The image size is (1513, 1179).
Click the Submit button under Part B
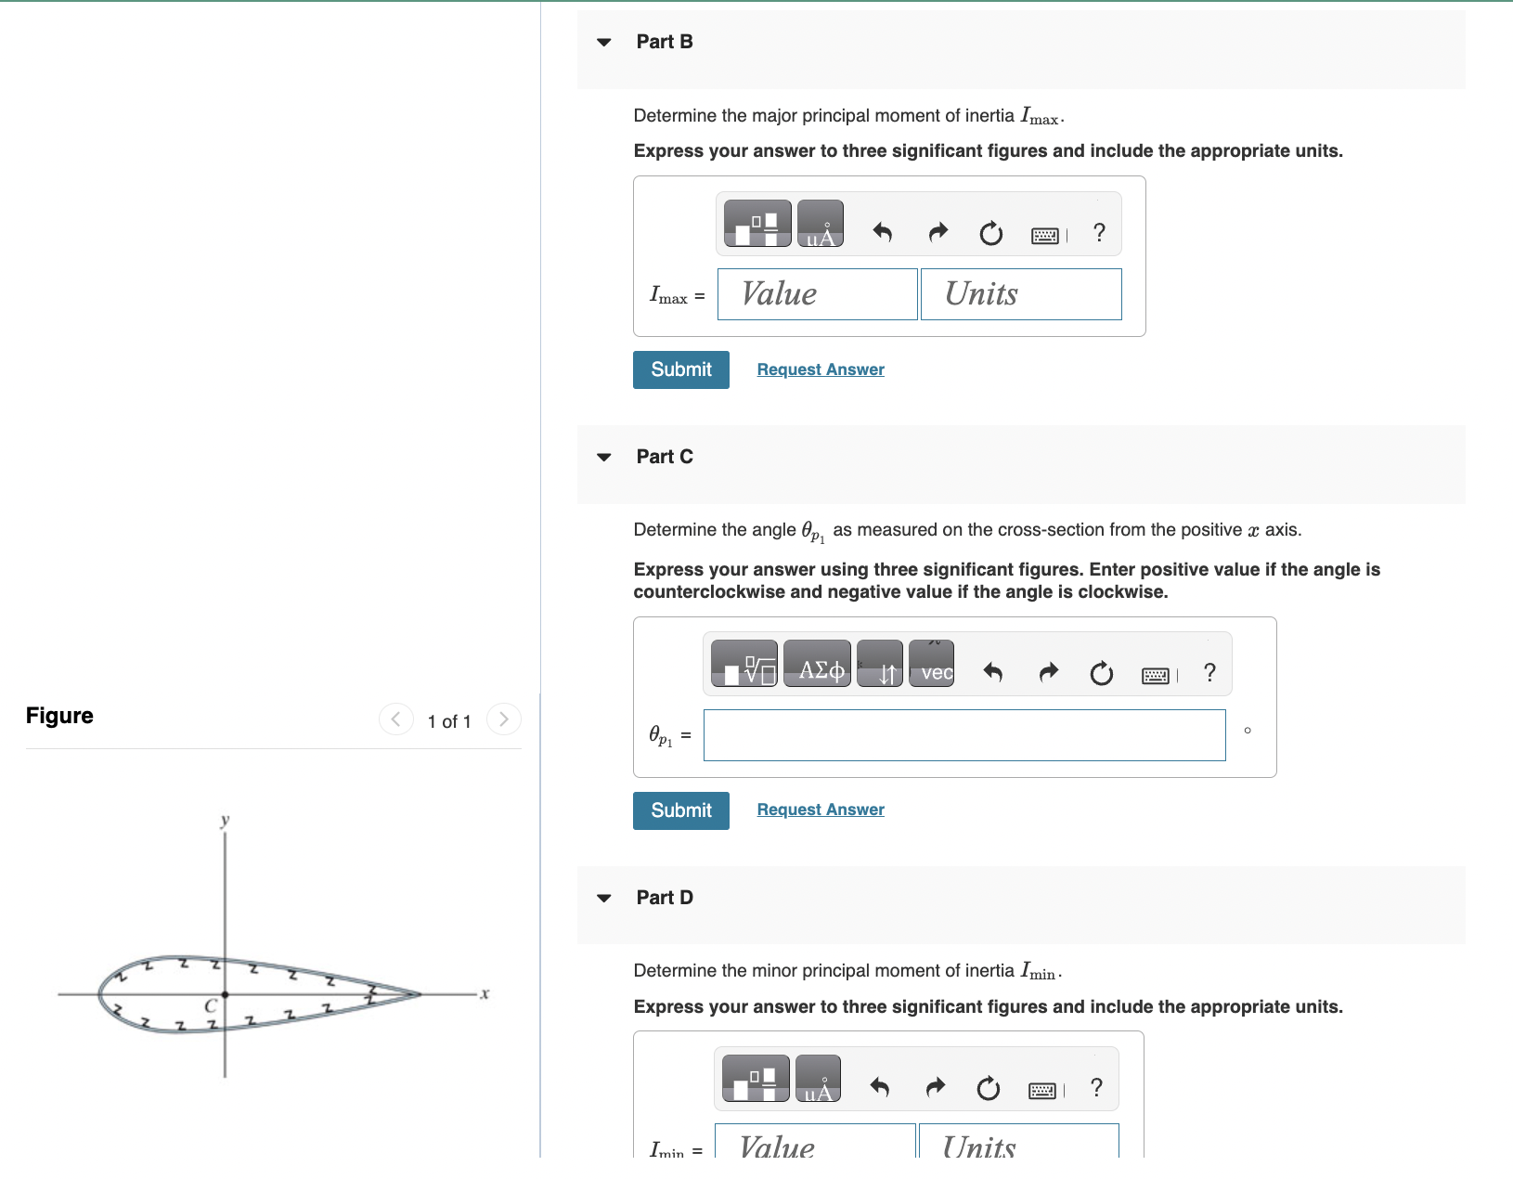(680, 369)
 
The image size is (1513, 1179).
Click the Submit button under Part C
(680, 810)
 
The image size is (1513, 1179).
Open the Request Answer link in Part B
(821, 369)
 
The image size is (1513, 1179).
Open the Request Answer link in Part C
(821, 810)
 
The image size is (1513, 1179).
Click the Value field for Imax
(817, 294)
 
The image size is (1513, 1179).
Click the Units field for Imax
(1020, 294)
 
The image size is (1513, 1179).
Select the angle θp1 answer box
(963, 735)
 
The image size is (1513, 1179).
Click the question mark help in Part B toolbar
(1099, 232)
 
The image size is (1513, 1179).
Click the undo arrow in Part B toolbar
(883, 232)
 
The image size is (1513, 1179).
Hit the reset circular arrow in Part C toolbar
(1101, 672)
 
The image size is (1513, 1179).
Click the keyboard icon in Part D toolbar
(1042, 1090)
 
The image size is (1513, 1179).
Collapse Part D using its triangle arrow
(604, 898)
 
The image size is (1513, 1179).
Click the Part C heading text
(665, 457)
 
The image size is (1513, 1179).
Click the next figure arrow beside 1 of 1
(503, 719)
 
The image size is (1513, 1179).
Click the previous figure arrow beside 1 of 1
(396, 719)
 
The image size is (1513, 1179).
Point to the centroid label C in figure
(211, 1005)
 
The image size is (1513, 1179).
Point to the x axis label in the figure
(484, 994)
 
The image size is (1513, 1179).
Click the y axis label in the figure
(225, 821)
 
